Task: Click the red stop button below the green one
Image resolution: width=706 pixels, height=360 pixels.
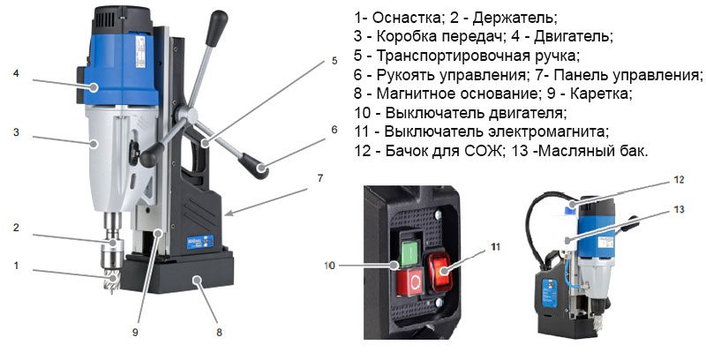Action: coord(414,281)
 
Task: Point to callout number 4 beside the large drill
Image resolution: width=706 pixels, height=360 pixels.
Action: coord(17,74)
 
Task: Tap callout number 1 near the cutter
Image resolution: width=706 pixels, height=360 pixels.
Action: coord(15,265)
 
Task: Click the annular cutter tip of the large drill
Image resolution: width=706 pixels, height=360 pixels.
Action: coord(111,283)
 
